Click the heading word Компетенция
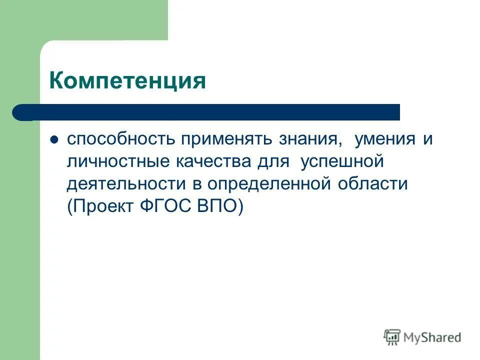(127, 80)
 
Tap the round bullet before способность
(55, 140)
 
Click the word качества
(209, 162)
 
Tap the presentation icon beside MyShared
(392, 337)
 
